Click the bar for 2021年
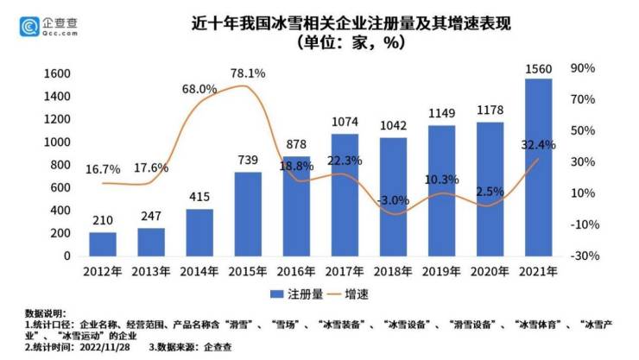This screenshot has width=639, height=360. click(x=538, y=167)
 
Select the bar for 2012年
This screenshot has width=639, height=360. click(x=102, y=244)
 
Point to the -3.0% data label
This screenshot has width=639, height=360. click(x=393, y=200)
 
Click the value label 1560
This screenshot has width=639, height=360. click(x=538, y=68)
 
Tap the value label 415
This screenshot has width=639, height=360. click(x=199, y=199)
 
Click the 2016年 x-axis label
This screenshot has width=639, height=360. click(x=295, y=272)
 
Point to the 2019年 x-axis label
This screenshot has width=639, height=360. click(x=441, y=272)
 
